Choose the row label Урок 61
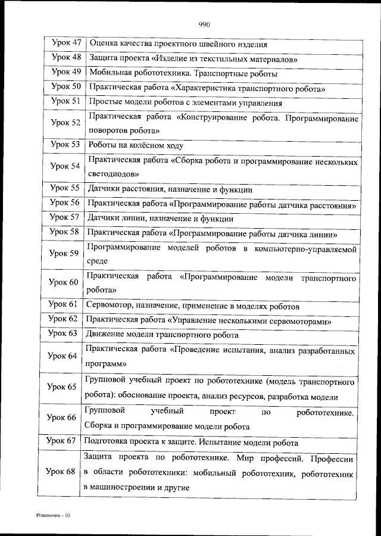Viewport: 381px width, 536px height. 63,306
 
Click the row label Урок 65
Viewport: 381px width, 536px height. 63,387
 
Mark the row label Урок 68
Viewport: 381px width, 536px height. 61,472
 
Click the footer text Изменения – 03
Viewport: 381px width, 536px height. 52,515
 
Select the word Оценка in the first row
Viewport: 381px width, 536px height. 103,44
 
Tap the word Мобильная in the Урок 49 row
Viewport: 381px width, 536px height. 110,74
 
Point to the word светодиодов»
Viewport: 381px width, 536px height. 113,174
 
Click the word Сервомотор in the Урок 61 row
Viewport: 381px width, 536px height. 109,306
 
